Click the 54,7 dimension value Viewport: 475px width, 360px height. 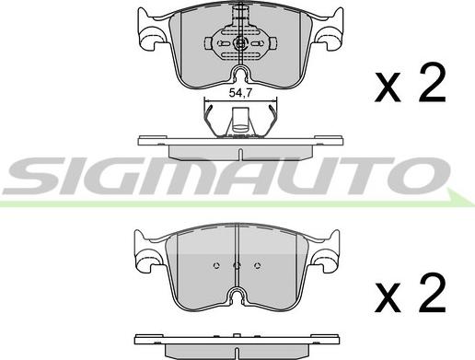[x=240, y=93]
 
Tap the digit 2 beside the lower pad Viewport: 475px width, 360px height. [x=433, y=292]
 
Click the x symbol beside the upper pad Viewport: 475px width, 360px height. [x=388, y=87]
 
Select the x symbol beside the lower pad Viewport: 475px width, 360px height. [x=388, y=297]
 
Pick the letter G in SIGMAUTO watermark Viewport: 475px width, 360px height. [x=121, y=176]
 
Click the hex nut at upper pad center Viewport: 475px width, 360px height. [x=240, y=43]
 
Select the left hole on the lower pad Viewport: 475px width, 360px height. [x=216, y=265]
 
